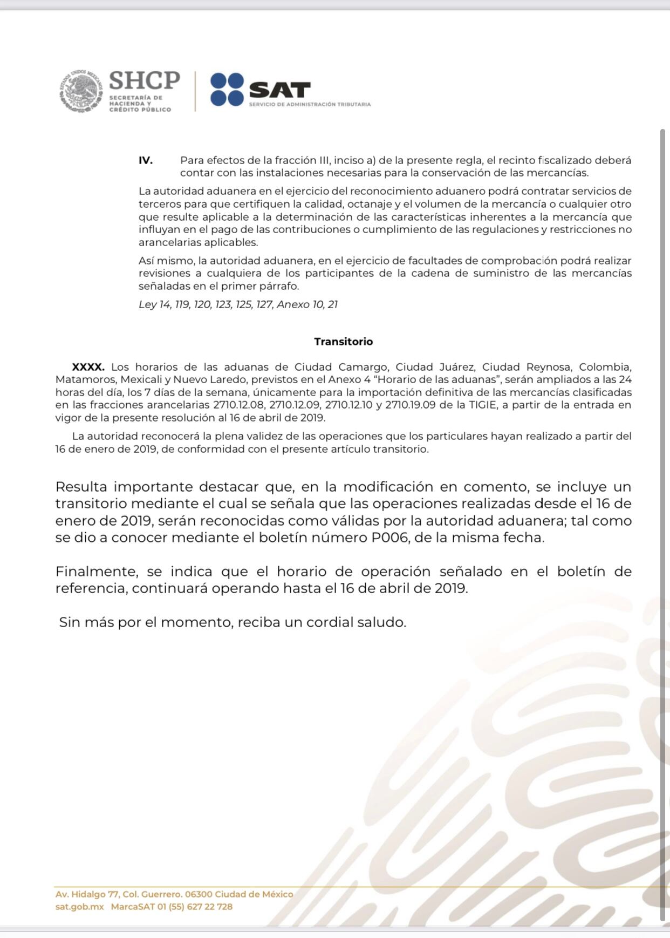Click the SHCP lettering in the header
(x=144, y=80)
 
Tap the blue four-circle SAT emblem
(x=227, y=90)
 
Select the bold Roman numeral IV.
(x=146, y=160)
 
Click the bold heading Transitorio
(x=344, y=342)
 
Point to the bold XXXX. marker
(x=88, y=367)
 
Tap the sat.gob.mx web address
(x=79, y=907)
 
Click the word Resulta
(x=81, y=487)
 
